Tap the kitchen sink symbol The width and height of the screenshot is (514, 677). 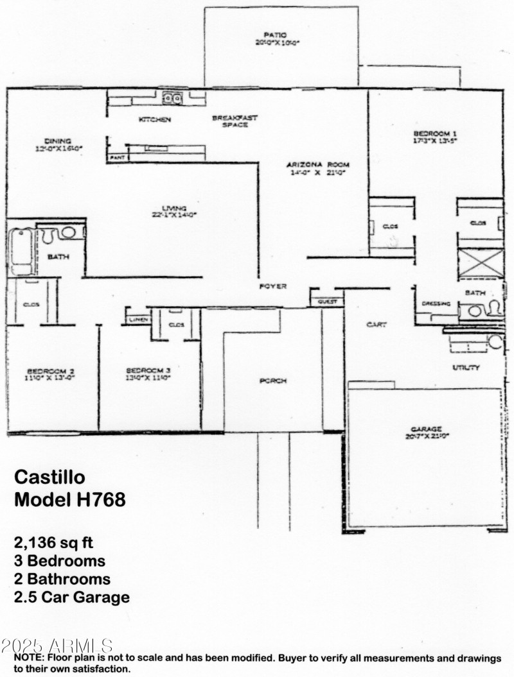[x=172, y=98]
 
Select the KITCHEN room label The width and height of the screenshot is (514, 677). [x=155, y=120]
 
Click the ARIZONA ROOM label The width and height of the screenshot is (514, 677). [x=317, y=165]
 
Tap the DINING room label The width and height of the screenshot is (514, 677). [x=58, y=141]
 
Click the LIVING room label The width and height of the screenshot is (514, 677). [x=174, y=209]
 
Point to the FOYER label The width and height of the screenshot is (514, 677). [x=272, y=286]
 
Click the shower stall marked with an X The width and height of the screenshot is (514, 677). [x=479, y=263]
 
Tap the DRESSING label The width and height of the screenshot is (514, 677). [x=436, y=304]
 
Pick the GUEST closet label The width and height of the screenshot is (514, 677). [x=327, y=302]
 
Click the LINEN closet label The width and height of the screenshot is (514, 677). [x=138, y=319]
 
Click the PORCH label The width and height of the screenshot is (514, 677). [x=272, y=381]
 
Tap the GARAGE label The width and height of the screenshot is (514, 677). [x=427, y=429]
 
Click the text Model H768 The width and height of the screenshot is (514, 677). [x=69, y=499]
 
